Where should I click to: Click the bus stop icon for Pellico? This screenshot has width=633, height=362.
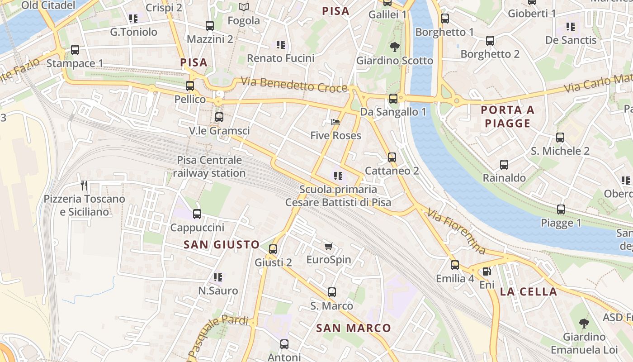click(190, 86)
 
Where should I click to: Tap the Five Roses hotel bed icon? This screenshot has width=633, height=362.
click(335, 122)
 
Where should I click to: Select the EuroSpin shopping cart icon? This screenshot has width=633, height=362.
click(329, 247)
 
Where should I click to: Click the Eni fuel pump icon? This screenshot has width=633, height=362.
click(487, 271)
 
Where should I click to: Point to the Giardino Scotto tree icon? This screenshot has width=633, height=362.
click(395, 47)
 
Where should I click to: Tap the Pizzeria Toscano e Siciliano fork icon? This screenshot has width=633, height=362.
click(84, 185)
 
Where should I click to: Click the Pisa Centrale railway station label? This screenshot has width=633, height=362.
click(209, 167)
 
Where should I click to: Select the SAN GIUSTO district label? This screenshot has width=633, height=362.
click(222, 245)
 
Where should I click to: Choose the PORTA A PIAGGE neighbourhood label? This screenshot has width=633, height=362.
click(507, 116)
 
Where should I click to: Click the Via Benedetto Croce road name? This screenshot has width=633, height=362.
click(294, 85)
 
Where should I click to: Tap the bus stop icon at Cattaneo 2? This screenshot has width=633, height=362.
click(392, 157)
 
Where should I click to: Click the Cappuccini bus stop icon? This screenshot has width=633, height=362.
click(197, 214)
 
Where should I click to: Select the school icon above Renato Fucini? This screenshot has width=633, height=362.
click(281, 45)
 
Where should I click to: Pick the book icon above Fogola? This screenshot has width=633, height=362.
click(244, 7)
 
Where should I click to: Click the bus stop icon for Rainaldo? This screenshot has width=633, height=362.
click(504, 165)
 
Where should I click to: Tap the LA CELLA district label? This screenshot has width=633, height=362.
click(529, 292)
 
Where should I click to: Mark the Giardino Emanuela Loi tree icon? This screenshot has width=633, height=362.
click(584, 323)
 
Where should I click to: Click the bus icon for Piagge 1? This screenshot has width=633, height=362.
click(561, 210)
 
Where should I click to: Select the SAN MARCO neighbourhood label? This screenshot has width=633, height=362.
click(353, 328)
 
